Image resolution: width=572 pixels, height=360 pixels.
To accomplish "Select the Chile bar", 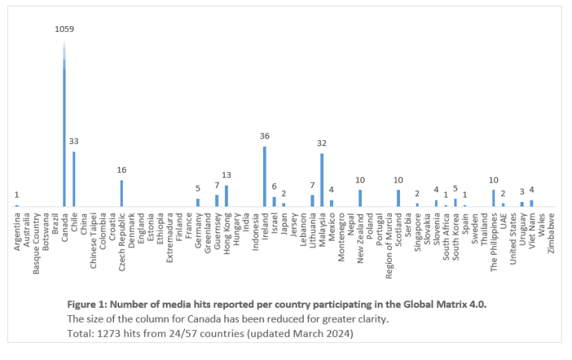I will (74, 179).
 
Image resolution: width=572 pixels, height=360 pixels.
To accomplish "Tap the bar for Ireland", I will (264, 176).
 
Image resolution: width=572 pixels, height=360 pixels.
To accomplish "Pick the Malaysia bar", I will (322, 180).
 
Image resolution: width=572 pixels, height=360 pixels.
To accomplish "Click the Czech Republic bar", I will (121, 193).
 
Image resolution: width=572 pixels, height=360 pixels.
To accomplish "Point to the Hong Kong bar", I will (226, 196).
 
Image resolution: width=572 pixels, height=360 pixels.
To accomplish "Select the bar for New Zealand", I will (360, 198).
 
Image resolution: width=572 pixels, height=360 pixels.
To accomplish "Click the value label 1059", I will (64, 29).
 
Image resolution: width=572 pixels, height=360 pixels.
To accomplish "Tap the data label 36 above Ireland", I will (264, 136).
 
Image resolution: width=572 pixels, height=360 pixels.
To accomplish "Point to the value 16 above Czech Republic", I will (121, 170).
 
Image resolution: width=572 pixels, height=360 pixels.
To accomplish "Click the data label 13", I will (226, 175).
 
